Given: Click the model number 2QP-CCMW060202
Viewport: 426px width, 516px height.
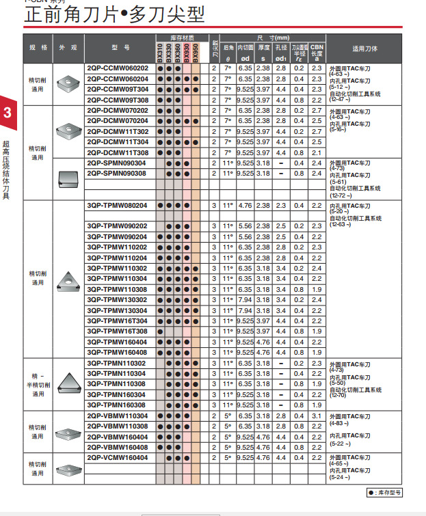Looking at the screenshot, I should (x=117, y=68).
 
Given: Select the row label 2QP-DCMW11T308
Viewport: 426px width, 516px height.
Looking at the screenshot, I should (x=117, y=152).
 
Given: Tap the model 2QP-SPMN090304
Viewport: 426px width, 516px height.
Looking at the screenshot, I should (x=116, y=163).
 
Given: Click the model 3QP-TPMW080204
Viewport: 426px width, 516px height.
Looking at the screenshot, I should (x=117, y=205).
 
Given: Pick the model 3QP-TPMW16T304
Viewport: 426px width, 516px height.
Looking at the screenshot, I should (x=117, y=321).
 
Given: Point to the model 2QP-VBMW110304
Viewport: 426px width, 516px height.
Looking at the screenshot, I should (x=117, y=416).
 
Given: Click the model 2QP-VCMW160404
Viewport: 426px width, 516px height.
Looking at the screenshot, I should (x=117, y=457).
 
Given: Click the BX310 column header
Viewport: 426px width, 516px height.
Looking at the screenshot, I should (x=160, y=51).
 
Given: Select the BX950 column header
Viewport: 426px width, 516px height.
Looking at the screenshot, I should (x=196, y=51).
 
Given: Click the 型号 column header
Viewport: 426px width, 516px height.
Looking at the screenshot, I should (x=117, y=49).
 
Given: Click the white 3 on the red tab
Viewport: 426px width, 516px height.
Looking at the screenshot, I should (x=7, y=113).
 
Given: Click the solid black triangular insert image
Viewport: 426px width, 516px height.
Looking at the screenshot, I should (x=69, y=383).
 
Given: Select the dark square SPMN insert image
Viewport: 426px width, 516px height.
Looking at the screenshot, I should (x=68, y=178).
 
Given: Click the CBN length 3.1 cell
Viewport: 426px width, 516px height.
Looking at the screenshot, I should (x=316, y=416).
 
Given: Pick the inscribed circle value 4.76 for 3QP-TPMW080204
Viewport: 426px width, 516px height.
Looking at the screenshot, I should (x=245, y=205).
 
